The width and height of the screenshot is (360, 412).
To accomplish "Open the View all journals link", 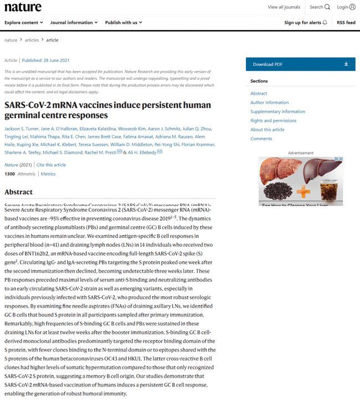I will click(284, 7).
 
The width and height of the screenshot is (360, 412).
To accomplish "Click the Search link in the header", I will click(320, 7).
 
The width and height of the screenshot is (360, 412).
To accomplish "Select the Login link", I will click(346, 7).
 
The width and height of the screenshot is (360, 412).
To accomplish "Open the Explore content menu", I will click(24, 23).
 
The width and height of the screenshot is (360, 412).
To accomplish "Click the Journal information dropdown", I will click(74, 23).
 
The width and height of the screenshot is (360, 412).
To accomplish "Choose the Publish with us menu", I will click(124, 23).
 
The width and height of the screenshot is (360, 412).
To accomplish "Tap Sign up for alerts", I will click(306, 23).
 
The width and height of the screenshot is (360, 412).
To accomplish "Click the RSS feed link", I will click(346, 23).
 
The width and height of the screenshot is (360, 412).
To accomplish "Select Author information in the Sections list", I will click(269, 103).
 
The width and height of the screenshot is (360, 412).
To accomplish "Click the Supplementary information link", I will click(277, 111).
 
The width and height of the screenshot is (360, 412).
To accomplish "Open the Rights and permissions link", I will click(273, 120).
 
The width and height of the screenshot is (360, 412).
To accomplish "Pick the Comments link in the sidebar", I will click(261, 139).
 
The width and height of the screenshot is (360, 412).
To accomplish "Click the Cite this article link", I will click(52, 165).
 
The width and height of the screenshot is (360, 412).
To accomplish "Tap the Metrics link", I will click(48, 174).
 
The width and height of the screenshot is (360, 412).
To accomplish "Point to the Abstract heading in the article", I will click(18, 192).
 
